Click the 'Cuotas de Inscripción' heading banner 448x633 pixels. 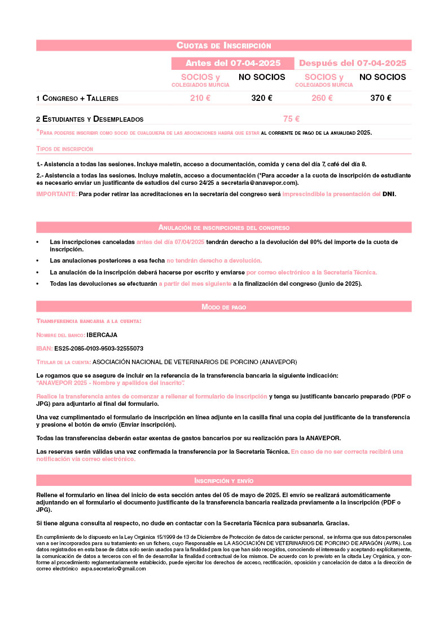[x=224, y=46]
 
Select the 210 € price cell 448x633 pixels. [x=200, y=98]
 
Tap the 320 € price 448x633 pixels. [x=262, y=98]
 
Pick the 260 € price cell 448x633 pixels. [x=322, y=98]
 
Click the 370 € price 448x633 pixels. [x=381, y=98]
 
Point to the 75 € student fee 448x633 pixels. [x=291, y=119]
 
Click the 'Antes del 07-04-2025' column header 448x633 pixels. [x=233, y=63]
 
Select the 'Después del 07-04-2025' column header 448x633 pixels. [x=353, y=63]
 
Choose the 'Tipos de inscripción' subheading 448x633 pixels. [x=65, y=149]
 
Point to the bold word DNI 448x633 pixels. [x=389, y=194]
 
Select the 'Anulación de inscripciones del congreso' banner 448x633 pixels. [x=224, y=228]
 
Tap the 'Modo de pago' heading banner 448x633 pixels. [x=224, y=307]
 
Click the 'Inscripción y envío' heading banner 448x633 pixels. [x=224, y=481]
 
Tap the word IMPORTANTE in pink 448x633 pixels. [x=56, y=194]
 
